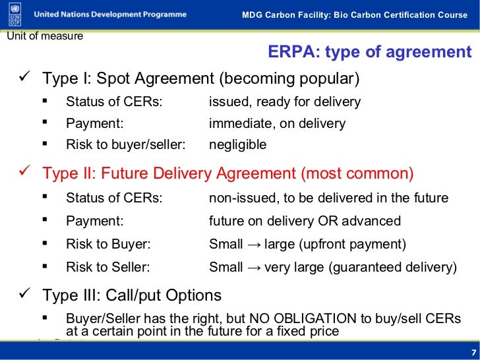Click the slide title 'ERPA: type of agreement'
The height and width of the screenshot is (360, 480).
370,53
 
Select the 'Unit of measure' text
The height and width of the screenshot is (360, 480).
45,36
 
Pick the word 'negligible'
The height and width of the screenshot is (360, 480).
237,144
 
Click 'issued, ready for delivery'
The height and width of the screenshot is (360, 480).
285,102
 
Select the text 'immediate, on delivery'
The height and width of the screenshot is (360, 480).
277,123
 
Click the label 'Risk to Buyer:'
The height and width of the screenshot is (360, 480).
108,244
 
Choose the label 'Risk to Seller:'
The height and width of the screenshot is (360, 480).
108,267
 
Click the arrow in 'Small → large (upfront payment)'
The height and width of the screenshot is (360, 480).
254,245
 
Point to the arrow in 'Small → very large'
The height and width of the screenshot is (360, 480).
254,268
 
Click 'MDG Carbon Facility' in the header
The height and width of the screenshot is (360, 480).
283,15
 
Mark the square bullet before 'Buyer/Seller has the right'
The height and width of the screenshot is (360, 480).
44,318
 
